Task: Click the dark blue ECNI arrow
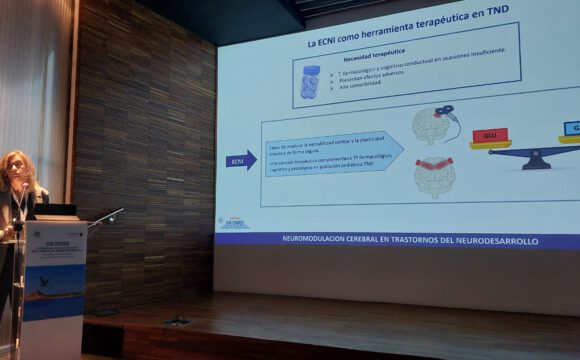point(240,159)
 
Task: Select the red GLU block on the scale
point(490,136)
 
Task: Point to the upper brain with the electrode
point(431,125)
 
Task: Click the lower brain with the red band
point(434,174)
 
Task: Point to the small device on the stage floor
point(178,320)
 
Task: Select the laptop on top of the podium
point(58,211)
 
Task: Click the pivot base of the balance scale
point(536,160)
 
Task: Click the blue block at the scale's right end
point(571,129)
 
